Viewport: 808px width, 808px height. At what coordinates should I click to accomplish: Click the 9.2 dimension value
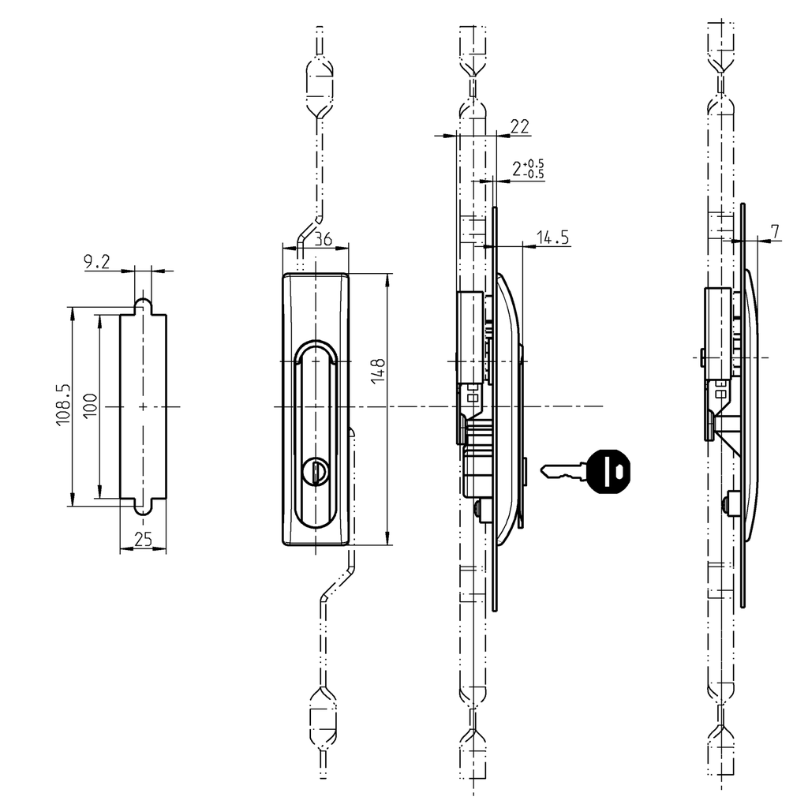(97, 263)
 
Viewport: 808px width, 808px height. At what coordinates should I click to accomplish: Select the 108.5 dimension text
(63, 406)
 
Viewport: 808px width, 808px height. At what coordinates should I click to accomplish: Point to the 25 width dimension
(143, 540)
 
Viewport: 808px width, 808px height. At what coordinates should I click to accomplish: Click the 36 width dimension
(322, 239)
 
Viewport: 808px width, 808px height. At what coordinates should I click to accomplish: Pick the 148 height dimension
(378, 372)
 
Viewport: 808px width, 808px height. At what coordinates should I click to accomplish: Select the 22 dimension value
(519, 126)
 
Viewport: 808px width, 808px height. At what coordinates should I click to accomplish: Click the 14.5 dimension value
(553, 238)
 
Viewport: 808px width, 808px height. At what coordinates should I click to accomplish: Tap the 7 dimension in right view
(775, 231)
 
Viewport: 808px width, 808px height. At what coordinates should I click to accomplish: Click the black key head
(611, 471)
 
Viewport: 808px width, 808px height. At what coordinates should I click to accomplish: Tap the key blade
(563, 472)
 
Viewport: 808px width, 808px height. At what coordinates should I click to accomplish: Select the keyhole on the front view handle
(316, 472)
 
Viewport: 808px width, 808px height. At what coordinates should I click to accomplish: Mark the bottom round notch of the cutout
(143, 507)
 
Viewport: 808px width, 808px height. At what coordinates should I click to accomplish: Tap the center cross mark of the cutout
(143, 406)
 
